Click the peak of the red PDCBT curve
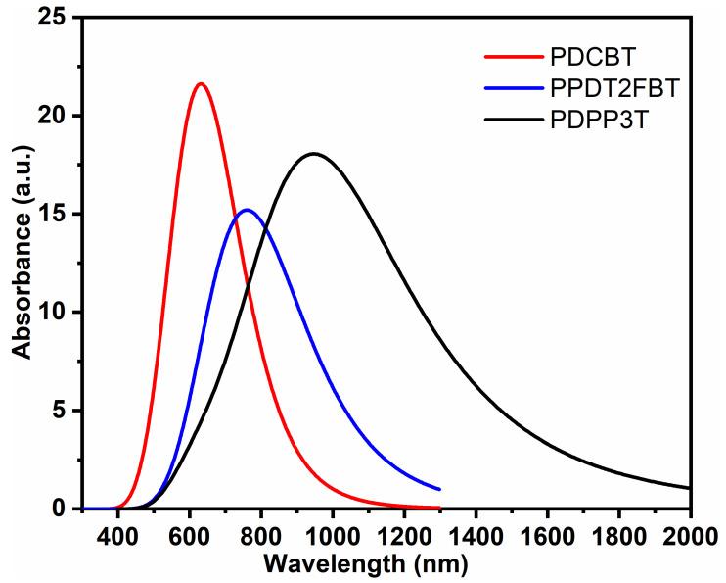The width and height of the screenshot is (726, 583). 201,84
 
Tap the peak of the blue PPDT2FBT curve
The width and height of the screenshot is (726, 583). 246,210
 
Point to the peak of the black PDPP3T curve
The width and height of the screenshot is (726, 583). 313,154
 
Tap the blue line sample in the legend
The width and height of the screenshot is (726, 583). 509,89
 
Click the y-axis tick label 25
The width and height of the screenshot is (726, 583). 57,18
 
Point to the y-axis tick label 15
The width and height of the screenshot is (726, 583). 57,215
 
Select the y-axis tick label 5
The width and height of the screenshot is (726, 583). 64,411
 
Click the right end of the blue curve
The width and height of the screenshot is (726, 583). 439,489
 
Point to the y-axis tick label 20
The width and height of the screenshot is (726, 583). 57,116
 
